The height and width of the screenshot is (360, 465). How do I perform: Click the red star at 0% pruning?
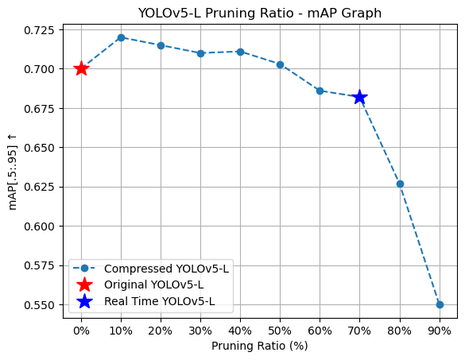tap(81, 68)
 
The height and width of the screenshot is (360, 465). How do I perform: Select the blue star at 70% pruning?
tap(359, 97)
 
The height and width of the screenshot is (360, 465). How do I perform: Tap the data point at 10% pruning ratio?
tap(121, 37)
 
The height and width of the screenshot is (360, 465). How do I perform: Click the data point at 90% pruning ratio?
tap(440, 304)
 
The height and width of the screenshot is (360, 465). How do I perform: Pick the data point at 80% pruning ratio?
tap(400, 184)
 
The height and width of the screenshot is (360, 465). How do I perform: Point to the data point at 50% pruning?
tap(280, 64)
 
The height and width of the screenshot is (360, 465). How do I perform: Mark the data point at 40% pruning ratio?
tap(240, 52)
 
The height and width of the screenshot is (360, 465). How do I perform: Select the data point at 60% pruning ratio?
tap(320, 91)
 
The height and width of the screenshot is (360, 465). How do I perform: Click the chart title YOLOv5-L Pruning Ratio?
tap(259, 13)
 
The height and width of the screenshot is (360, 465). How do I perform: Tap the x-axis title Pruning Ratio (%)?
tap(259, 346)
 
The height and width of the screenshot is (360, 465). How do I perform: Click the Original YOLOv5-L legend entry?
tap(153, 285)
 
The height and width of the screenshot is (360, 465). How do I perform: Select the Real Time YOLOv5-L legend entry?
tap(159, 301)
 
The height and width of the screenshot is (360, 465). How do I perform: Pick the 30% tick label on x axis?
tap(200, 329)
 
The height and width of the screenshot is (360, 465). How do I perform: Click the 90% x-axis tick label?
tap(440, 329)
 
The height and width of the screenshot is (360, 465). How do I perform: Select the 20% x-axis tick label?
tap(161, 329)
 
